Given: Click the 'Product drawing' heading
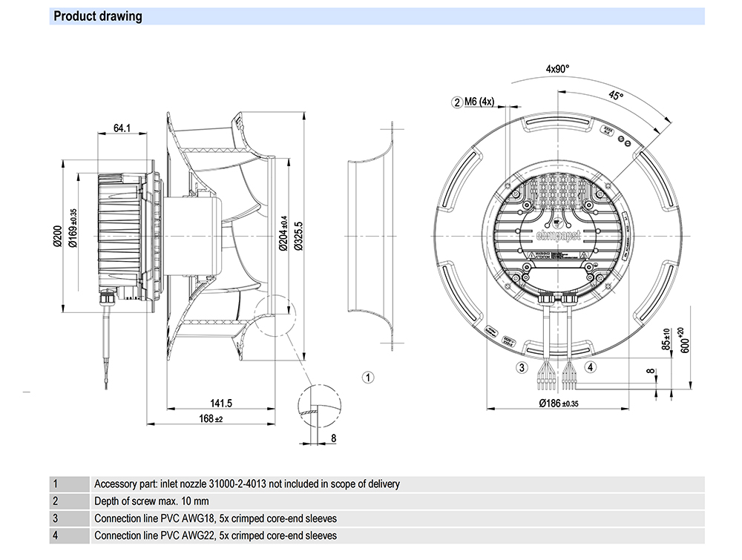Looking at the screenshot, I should pyautogui.click(x=97, y=16).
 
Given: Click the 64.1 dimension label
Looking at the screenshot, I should pyautogui.click(x=122, y=128).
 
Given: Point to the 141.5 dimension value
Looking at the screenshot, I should pyautogui.click(x=221, y=403).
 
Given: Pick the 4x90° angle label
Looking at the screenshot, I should pyautogui.click(x=557, y=69).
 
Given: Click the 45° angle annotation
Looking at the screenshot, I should pyautogui.click(x=616, y=96).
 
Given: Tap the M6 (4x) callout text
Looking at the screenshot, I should pyautogui.click(x=479, y=102).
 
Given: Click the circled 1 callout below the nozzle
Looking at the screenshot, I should pyautogui.click(x=368, y=377).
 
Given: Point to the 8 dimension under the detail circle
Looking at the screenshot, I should pyautogui.click(x=333, y=438).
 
